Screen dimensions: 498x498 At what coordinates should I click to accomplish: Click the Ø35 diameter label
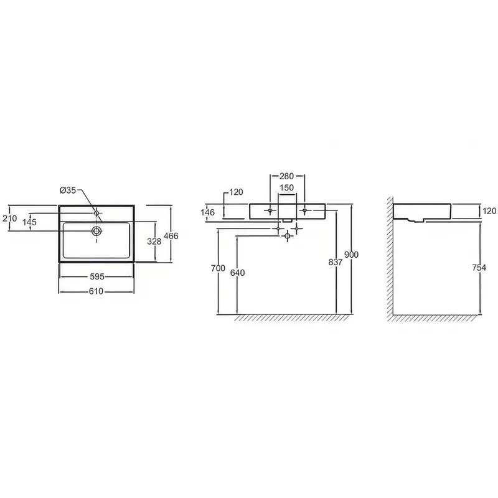pyautogui.click(x=68, y=190)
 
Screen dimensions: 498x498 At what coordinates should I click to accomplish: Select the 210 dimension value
pyautogui.click(x=9, y=218)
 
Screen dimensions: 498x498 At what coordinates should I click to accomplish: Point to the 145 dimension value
pyautogui.click(x=29, y=222)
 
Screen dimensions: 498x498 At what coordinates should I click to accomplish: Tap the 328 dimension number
pyautogui.click(x=154, y=242)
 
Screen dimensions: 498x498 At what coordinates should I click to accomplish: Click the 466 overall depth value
pyautogui.click(x=171, y=236)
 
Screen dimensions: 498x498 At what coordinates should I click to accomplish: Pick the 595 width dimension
pyautogui.click(x=97, y=276)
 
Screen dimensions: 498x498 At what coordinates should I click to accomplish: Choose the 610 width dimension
pyautogui.click(x=96, y=291)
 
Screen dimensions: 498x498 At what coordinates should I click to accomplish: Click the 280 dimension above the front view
pyautogui.click(x=286, y=176)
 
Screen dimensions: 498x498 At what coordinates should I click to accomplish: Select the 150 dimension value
pyautogui.click(x=286, y=188)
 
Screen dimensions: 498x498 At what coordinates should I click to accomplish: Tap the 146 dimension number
pyautogui.click(x=208, y=212)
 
